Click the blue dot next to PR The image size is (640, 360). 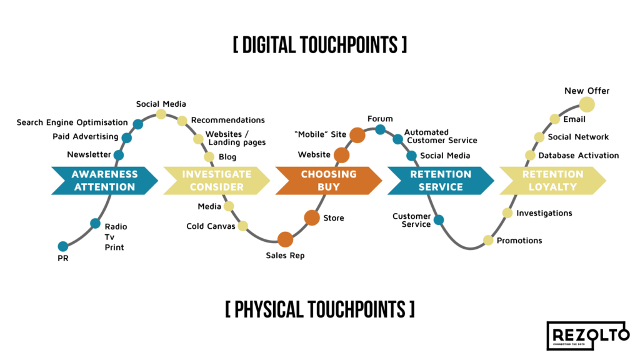(62, 246)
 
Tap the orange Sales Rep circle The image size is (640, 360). (285, 239)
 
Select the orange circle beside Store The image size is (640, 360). (312, 217)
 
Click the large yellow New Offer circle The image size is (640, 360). (586, 104)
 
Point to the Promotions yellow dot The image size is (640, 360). (488, 240)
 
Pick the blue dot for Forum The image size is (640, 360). (380, 130)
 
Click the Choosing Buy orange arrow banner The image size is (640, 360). (329, 181)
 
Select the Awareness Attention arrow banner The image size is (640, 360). (104, 181)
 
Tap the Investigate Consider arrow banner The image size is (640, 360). (216, 181)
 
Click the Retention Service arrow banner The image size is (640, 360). (441, 181)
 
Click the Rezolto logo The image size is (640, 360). (587, 336)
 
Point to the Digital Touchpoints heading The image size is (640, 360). (319, 45)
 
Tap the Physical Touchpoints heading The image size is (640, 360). (319, 309)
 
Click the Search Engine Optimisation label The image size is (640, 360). (72, 122)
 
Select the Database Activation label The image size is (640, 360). (578, 156)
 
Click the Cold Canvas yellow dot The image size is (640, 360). (242, 226)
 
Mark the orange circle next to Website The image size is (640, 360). (341, 155)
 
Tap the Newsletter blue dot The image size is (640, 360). (118, 155)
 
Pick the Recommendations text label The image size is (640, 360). (227, 120)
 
